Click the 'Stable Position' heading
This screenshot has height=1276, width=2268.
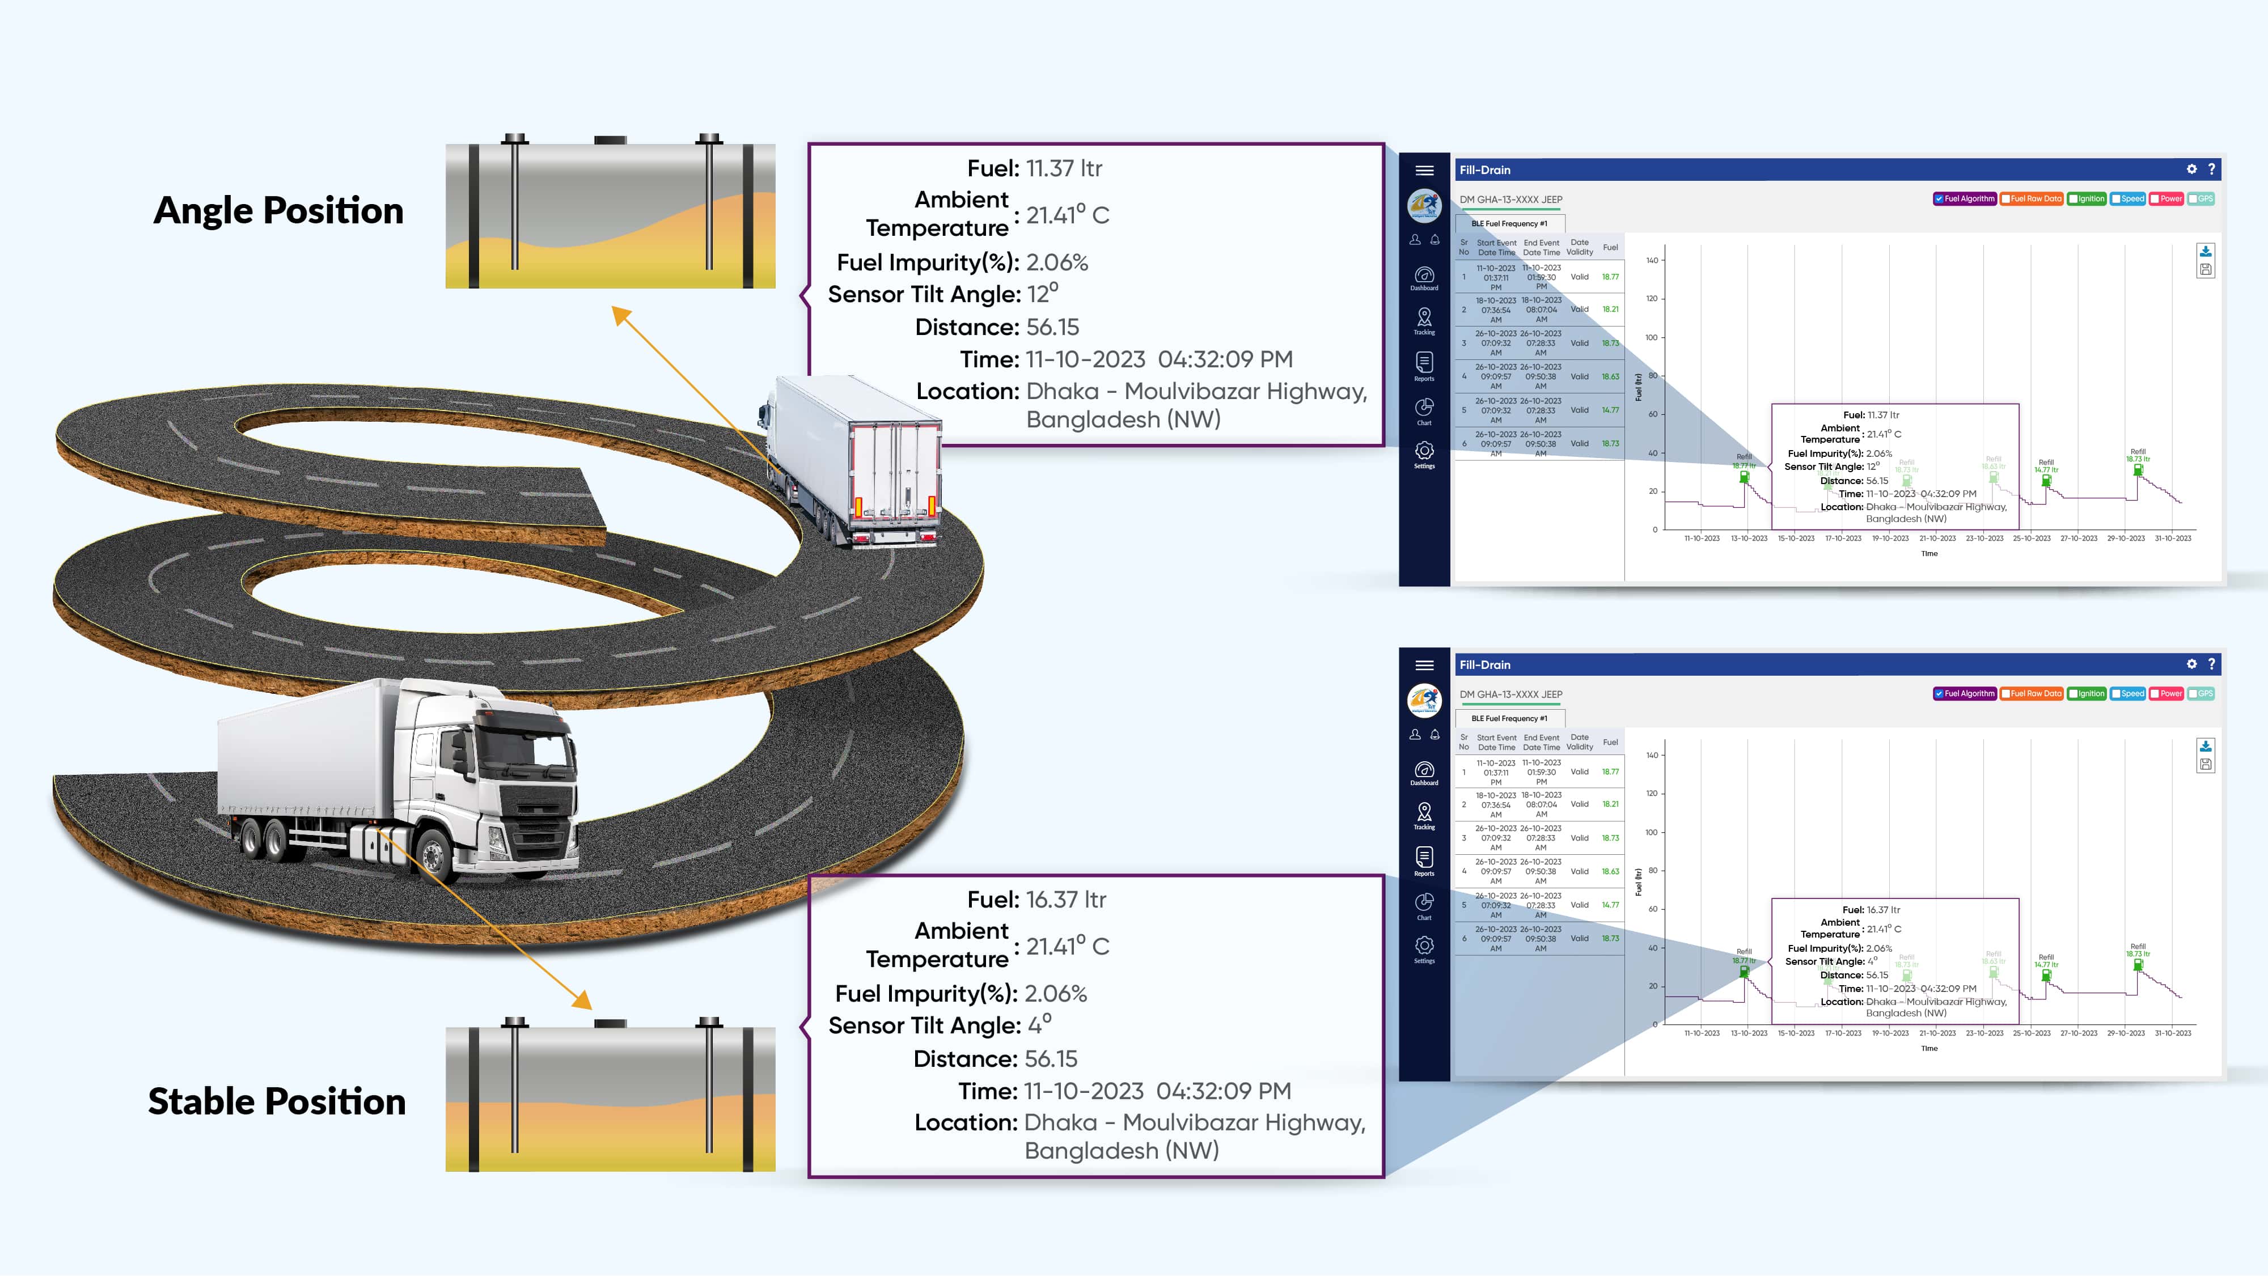click(x=277, y=1102)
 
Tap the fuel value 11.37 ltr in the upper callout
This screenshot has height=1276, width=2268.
click(x=1064, y=169)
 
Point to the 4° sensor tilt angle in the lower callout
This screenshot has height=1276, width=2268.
click(x=1039, y=1025)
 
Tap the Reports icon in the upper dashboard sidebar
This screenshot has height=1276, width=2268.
click(x=1424, y=364)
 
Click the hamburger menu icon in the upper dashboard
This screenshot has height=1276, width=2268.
click(x=1424, y=171)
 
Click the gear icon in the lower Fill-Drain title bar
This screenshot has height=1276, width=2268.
click(x=2191, y=664)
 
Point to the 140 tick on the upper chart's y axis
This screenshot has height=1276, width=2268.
click(x=1652, y=261)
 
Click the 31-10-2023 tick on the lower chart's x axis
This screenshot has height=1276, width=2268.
click(x=2172, y=1033)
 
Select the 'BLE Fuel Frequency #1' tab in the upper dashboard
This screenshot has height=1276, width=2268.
click(x=1509, y=223)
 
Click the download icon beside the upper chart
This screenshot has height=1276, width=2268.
click(x=2206, y=252)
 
